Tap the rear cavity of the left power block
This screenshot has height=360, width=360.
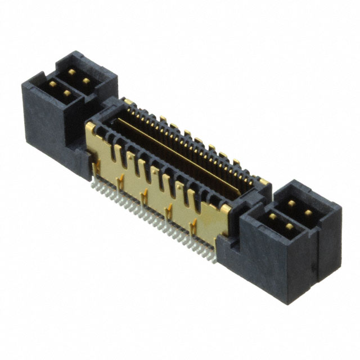coord(80,76)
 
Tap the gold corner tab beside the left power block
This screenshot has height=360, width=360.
coord(90,127)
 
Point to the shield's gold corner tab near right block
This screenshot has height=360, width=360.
coord(224,209)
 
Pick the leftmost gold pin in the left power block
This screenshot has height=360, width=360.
coord(52,84)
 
